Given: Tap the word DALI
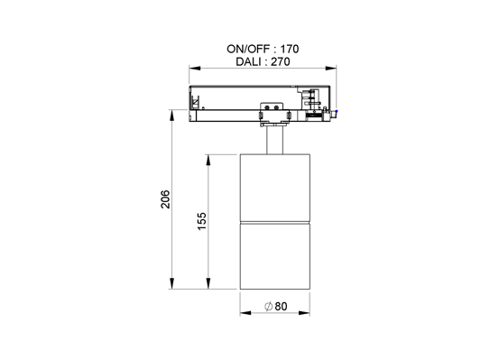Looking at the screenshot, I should tap(249, 62).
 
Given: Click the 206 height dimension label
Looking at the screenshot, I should tap(164, 199).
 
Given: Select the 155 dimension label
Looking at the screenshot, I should tap(202, 220).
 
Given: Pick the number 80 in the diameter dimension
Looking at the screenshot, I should tap(281, 307).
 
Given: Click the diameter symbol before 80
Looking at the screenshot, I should tap(269, 307).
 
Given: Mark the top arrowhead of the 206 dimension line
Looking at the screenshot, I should tap(172, 115).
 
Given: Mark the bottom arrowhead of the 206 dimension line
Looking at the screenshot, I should tap(172, 285).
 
